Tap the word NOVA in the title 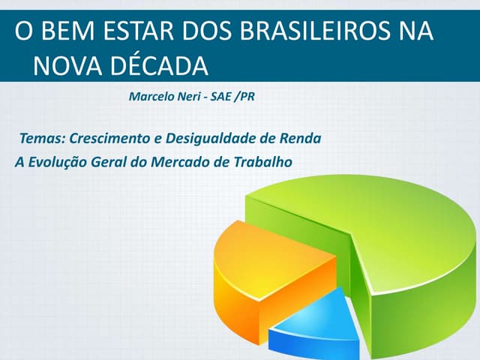click(x=65, y=66)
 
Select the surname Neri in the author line click(x=191, y=97)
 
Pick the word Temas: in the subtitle click(x=43, y=139)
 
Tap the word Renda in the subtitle click(x=302, y=139)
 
